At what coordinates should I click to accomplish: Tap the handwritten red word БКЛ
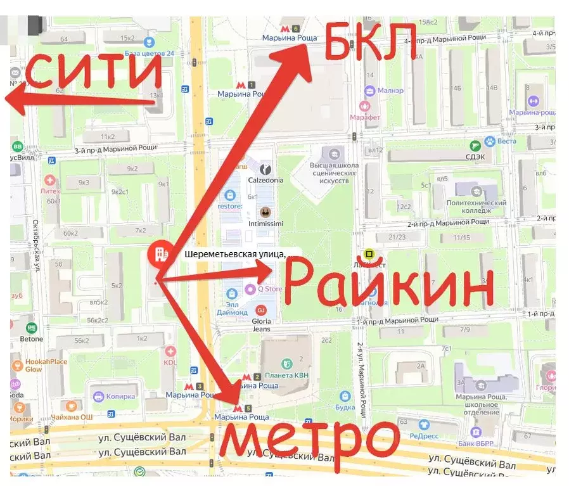371,41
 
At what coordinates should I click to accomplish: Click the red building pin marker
158,255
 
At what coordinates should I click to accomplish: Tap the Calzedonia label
265,179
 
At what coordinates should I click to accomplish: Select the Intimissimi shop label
265,224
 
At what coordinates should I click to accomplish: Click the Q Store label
269,290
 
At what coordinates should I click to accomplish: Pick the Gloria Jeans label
261,324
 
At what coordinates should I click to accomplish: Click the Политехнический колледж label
485,207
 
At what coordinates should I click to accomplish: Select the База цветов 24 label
149,53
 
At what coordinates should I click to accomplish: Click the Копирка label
120,397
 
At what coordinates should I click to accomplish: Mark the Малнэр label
390,91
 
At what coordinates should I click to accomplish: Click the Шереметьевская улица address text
234,255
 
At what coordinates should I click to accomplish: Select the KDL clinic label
170,362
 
